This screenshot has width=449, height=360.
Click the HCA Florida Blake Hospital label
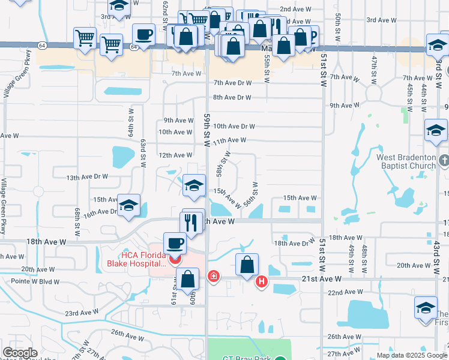pyautogui.click(x=135, y=256)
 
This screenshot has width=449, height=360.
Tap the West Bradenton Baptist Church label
pyautogui.click(x=406, y=161)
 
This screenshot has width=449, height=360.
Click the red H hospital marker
pyautogui.click(x=261, y=281)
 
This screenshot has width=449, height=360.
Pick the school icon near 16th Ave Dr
pyautogui.click(x=128, y=206)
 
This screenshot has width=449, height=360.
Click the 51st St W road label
pyautogui.click(x=323, y=60)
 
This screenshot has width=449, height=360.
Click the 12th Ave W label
pyautogui.click(x=175, y=155)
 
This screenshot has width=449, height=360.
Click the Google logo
pyautogui.click(x=20, y=353)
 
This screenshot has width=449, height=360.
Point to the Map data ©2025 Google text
pyautogui.click(x=411, y=355)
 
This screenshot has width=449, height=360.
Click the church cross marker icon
pyautogui.click(x=443, y=160)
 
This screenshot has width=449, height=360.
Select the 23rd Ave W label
pyautogui.click(x=81, y=313)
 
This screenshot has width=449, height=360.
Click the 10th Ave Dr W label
pyautogui.click(x=234, y=126)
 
